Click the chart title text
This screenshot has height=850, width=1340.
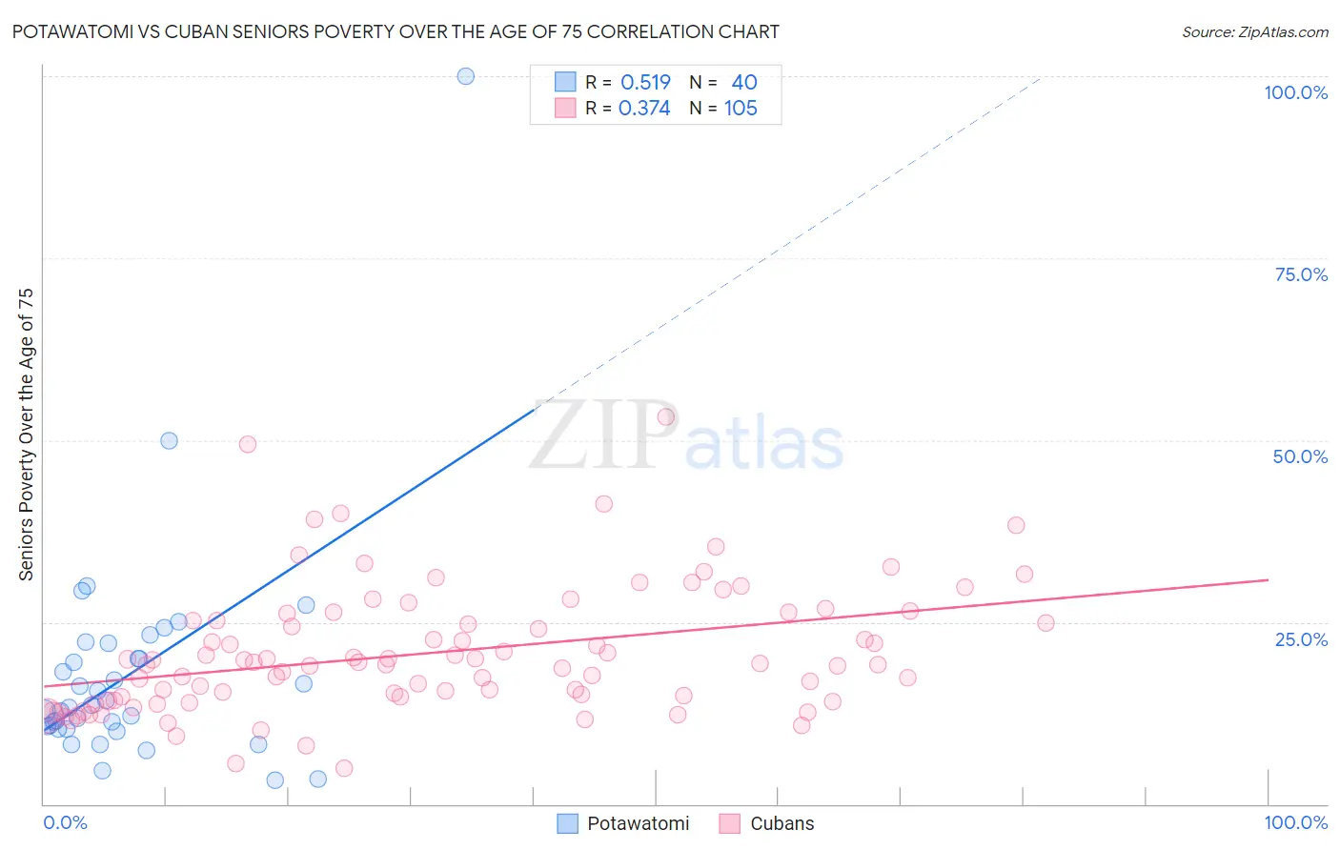tap(395, 31)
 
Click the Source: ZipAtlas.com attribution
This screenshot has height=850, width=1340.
tap(1254, 31)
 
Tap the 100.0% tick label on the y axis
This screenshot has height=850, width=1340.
tap(1295, 92)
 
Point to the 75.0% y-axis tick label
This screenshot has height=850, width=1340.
tap(1301, 274)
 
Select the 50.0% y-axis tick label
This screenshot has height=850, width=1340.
tap(1300, 456)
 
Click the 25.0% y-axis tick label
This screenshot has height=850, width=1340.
tap(1301, 638)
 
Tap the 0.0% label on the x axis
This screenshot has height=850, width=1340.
tap(65, 822)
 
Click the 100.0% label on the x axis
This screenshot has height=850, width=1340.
tap(1295, 822)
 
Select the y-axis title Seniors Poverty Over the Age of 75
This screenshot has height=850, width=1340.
tap(26, 435)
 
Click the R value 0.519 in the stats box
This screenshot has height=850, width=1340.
tap(645, 83)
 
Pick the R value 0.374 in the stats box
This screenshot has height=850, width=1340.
tap(644, 109)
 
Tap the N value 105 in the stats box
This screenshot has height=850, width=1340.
tap(741, 109)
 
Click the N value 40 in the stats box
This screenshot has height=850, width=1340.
tap(744, 83)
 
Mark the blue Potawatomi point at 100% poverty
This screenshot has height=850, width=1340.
tap(465, 76)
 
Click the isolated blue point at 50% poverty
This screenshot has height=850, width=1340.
tap(169, 440)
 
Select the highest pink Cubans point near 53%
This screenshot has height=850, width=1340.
tap(666, 416)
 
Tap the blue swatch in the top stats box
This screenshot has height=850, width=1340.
tap(565, 83)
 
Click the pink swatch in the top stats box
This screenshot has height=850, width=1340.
tap(565, 109)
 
